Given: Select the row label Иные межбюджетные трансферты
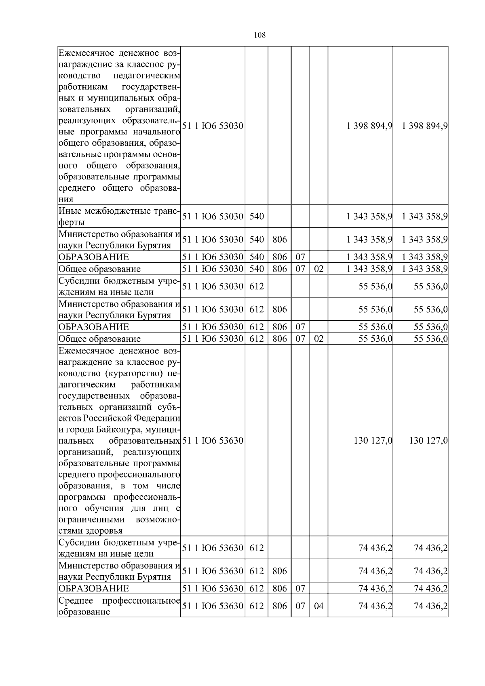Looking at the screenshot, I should (x=119, y=217).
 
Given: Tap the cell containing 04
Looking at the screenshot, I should (x=318, y=606).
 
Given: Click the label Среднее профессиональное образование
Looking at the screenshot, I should (x=119, y=606).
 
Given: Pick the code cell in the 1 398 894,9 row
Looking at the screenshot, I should (x=213, y=126).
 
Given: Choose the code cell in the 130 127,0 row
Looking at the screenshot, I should (x=213, y=440).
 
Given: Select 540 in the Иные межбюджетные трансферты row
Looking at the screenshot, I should (x=256, y=217).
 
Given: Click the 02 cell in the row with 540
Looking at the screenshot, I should (x=318, y=269).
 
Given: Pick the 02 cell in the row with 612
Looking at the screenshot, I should (x=318, y=339).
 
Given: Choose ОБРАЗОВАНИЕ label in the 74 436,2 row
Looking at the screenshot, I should (x=94, y=588).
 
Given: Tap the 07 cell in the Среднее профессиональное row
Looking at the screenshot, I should (x=300, y=606).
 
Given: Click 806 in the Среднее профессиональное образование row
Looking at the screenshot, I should (x=279, y=606).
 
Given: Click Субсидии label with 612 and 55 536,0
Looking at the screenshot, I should (x=119, y=286).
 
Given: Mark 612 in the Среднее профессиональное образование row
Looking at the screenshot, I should (x=256, y=606).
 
